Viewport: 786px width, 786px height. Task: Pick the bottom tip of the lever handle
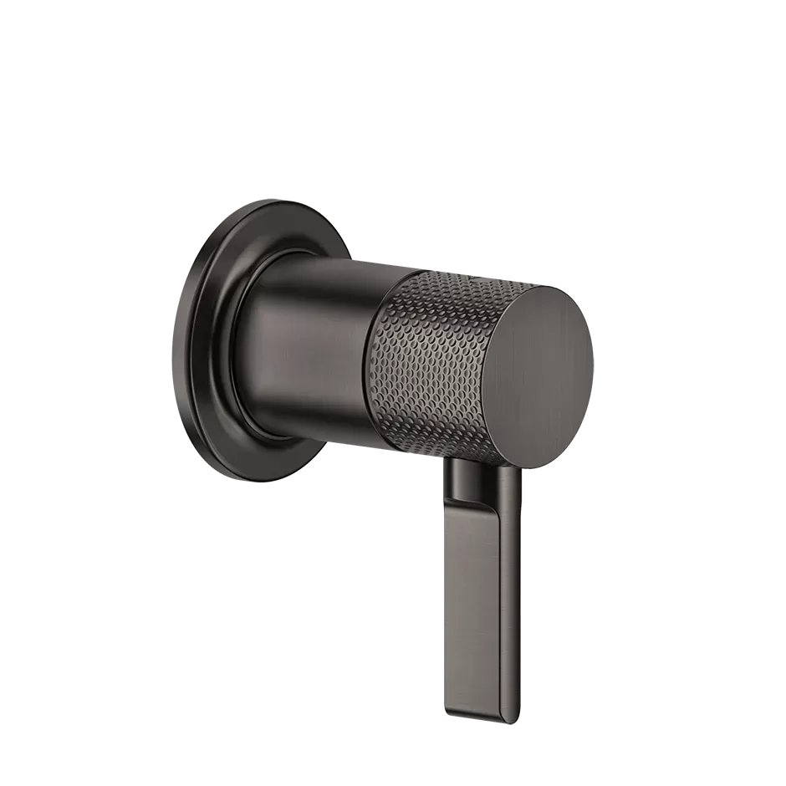coord(477,717)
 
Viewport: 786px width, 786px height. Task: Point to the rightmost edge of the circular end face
coord(593,368)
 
